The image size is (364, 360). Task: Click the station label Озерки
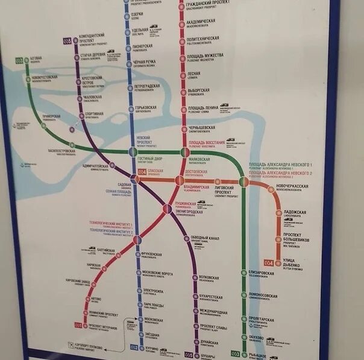pos(137,15)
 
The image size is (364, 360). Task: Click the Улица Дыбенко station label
pos(295,260)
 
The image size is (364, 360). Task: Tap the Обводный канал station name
pos(204,238)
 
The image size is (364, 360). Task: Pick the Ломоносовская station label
pos(263,296)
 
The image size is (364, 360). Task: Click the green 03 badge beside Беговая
pos(19,60)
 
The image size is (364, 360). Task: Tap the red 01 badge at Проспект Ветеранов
pos(78,326)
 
